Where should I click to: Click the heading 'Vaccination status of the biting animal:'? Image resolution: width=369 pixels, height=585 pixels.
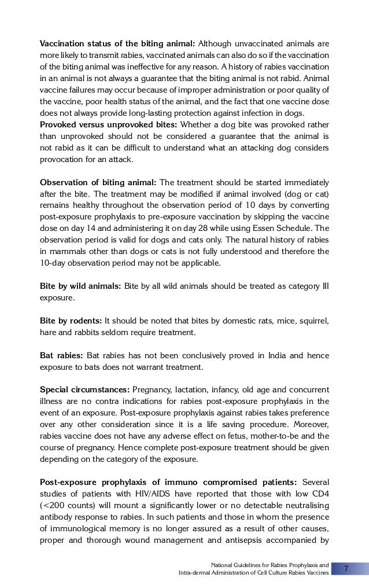coord(117,43)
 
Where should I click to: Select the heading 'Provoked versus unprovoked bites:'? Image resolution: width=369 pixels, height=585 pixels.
coord(109,124)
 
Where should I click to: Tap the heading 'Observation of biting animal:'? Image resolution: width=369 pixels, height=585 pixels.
coord(98,182)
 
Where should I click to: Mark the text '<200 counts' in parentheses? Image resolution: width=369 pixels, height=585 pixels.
coord(67,506)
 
